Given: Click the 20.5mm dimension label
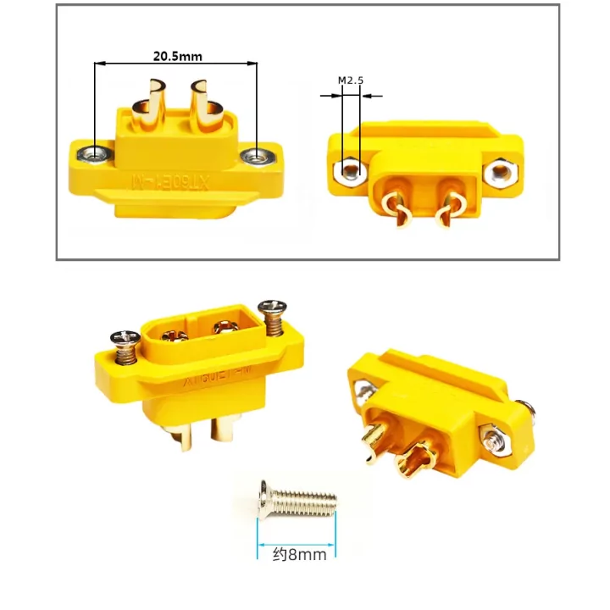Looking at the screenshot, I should (177, 57).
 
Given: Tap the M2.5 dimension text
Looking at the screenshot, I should (350, 80).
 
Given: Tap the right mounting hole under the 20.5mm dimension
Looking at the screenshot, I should (254, 156).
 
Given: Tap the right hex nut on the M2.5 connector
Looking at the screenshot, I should (500, 175).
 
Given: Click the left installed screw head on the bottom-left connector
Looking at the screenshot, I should (125, 341).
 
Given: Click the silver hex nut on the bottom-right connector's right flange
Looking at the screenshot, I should (492, 439).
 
